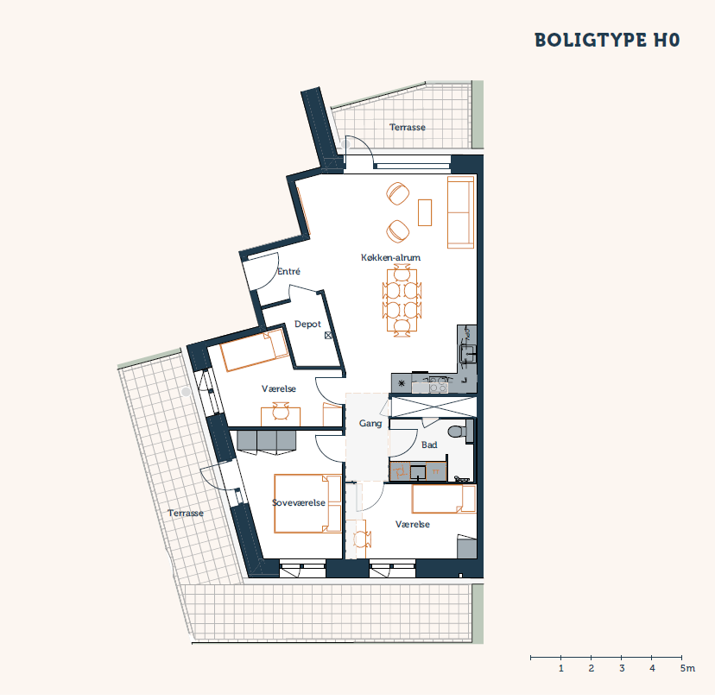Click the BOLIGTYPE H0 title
(607, 40)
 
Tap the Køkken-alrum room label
(391, 257)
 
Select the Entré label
(288, 271)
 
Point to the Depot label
(307, 324)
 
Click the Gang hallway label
(370, 424)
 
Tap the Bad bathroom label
(429, 445)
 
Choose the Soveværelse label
(299, 502)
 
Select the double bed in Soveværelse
(307, 503)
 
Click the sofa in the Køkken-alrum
(460, 212)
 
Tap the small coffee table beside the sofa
(425, 212)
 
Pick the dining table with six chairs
(402, 300)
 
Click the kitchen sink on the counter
(467, 353)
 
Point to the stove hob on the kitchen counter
(438, 384)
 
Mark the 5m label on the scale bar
(687, 668)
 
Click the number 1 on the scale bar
(561, 668)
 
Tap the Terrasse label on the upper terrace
(408, 127)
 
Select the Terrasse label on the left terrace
(185, 514)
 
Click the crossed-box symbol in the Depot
(328, 336)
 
